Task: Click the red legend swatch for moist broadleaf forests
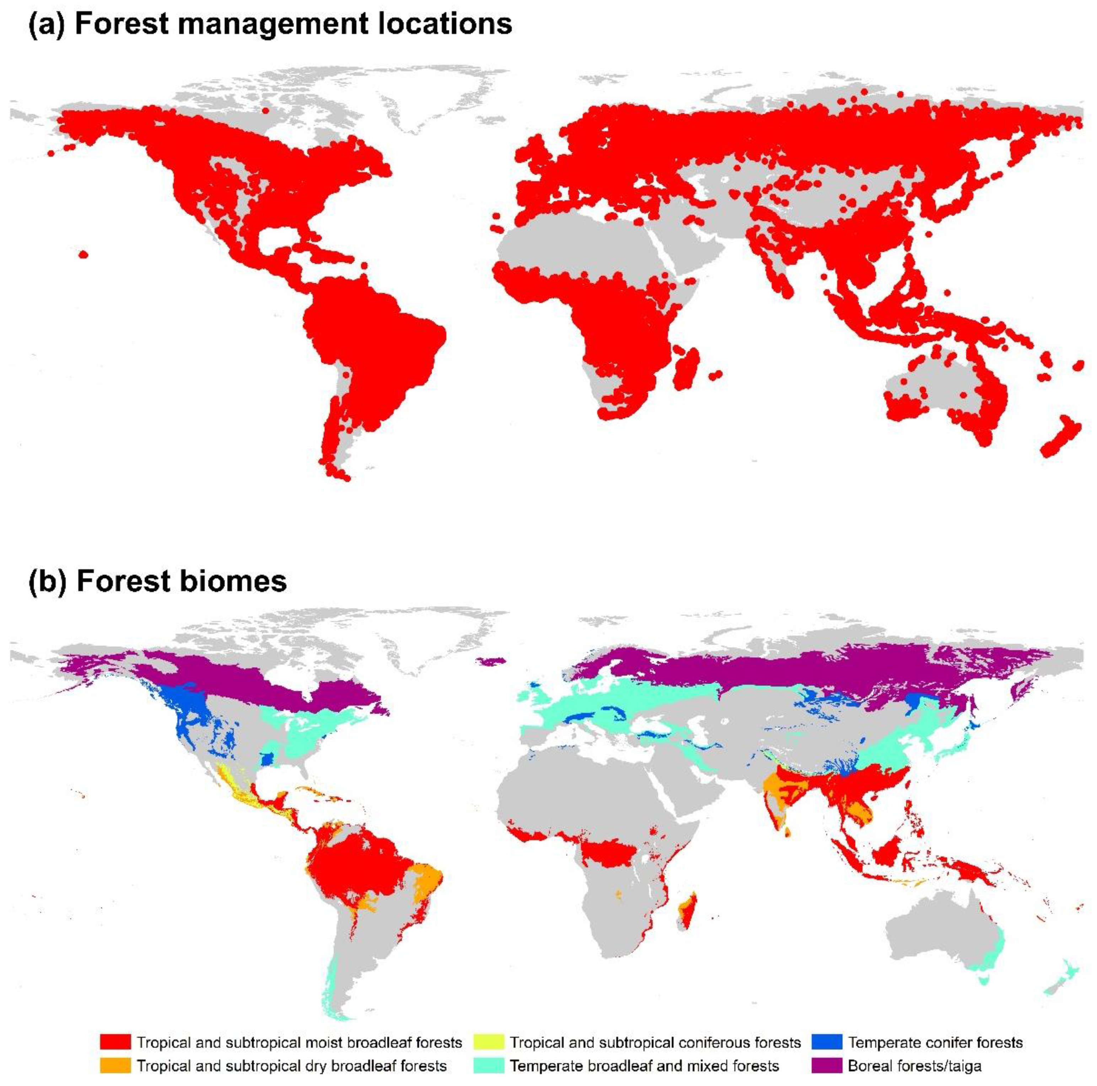(x=115, y=1042)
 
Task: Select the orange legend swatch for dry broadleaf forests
(x=115, y=1065)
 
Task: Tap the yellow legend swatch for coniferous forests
(x=488, y=1042)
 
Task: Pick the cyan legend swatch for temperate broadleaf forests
(x=488, y=1065)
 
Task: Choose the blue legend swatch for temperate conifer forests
(x=827, y=1042)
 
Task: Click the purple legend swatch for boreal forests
(x=827, y=1065)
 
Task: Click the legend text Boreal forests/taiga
(x=914, y=1065)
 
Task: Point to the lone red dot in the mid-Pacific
(x=84, y=254)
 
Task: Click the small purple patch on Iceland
(x=492, y=660)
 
